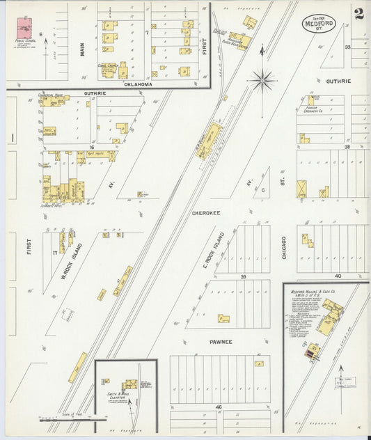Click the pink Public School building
pos(27,29)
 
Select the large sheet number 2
pos(358,14)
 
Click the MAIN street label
pos(82,48)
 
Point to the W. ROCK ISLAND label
pos(73,260)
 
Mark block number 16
pos(91,148)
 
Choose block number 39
pos(244,276)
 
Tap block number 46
pos(218,405)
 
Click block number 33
pos(347,47)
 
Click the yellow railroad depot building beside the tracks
pos(211,139)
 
